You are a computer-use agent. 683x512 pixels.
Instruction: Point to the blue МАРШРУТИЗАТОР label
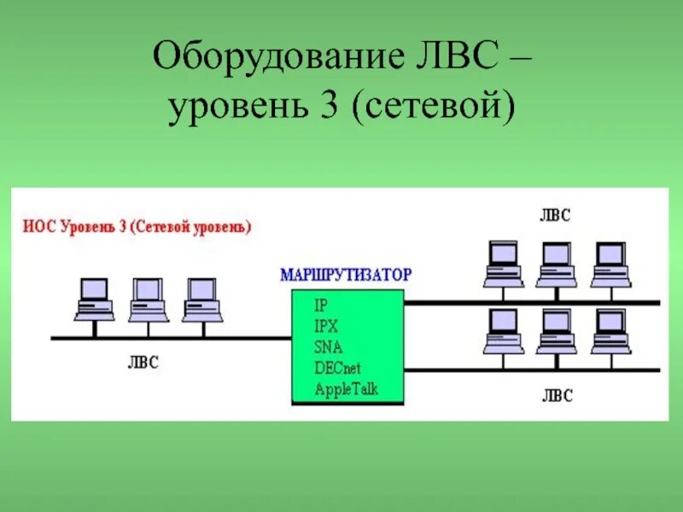pos(345,275)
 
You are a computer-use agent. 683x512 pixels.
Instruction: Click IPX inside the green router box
pos(327,326)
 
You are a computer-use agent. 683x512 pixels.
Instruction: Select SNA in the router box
pos(329,346)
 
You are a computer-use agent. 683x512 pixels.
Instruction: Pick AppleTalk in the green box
pos(346,389)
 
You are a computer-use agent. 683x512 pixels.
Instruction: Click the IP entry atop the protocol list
pos(321,305)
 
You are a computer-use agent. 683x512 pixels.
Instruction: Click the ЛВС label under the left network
pos(143,363)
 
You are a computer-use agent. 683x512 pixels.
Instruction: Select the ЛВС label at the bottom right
pos(556,396)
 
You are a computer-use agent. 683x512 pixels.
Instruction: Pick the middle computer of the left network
pos(147,299)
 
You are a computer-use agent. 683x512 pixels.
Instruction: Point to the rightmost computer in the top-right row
pos(610,265)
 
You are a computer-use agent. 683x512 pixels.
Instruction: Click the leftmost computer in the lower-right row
pos(502,331)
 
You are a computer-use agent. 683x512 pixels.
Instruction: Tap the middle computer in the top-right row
pos(556,265)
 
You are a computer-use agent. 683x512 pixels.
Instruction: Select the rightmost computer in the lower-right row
pos(610,331)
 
